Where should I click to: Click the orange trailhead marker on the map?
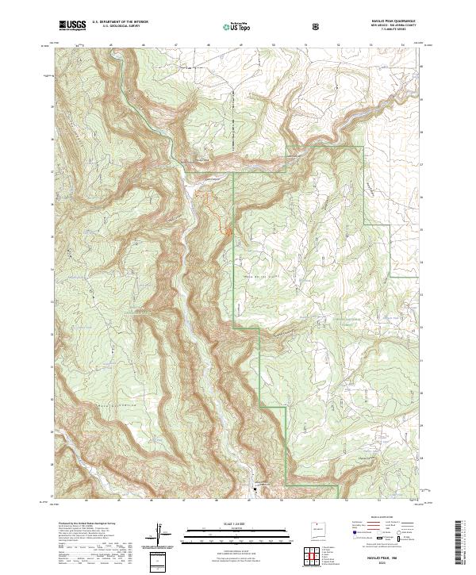click(x=228, y=232)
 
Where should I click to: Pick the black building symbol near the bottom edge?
click(x=254, y=489)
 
